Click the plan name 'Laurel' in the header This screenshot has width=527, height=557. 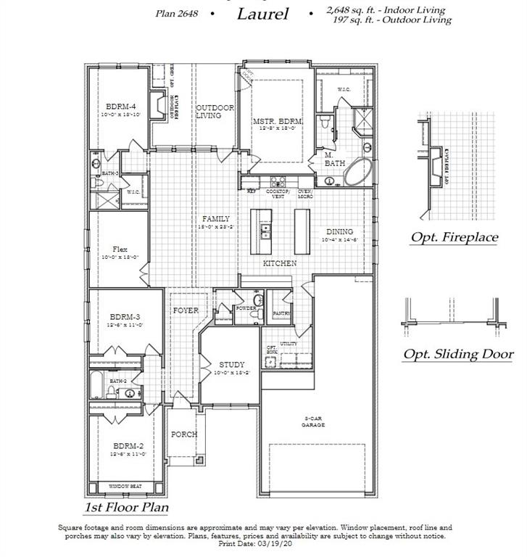tap(262, 14)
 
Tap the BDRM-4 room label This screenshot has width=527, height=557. tap(115, 106)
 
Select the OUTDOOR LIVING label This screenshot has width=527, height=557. tap(215, 112)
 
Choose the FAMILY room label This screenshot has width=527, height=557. tap(216, 218)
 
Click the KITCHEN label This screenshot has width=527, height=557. tap(279, 263)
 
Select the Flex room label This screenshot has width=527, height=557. tap(120, 249)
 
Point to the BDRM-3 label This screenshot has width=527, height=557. tap(125, 316)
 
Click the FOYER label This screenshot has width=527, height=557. tap(186, 310)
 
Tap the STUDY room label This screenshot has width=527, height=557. tap(232, 364)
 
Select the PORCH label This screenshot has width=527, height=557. tap(184, 434)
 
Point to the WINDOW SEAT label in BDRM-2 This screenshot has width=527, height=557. tap(125, 486)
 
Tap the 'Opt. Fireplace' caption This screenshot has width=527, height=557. tap(454, 237)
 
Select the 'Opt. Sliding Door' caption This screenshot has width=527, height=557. tap(458, 354)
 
